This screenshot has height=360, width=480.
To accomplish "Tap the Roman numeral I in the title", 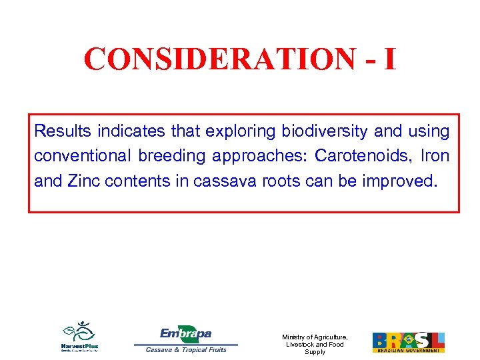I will (x=389, y=59).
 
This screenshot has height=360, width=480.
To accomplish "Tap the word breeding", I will (x=169, y=156).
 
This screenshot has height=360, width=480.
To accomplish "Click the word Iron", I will (x=434, y=155).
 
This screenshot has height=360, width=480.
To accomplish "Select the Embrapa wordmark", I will (x=185, y=333).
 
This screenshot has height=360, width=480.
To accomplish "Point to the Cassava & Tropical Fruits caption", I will (x=186, y=349).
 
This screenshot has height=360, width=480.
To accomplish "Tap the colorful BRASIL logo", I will (x=408, y=341).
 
